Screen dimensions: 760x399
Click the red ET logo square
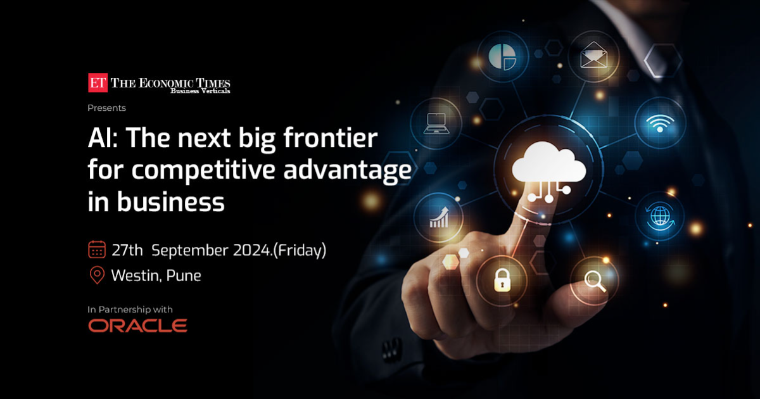coord(98,82)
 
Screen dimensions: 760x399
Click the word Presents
coord(106,108)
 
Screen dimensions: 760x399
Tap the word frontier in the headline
coord(330,138)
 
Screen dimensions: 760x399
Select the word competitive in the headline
coord(203,170)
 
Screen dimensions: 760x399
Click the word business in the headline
coord(170,201)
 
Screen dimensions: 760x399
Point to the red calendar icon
coord(97,250)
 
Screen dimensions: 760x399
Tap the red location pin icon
coord(97,275)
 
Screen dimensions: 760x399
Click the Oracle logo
coord(138,326)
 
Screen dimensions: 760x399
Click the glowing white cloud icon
coord(548,162)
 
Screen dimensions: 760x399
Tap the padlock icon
coord(502,280)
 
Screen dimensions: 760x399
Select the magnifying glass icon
coord(595,282)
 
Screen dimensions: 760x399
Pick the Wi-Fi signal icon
coord(659,123)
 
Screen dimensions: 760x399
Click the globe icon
coord(660,217)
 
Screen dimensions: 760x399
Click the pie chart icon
coord(503,56)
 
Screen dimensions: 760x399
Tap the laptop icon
coord(436,123)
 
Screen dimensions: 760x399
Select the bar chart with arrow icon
coord(440,217)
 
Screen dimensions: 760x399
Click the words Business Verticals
coord(200,91)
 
